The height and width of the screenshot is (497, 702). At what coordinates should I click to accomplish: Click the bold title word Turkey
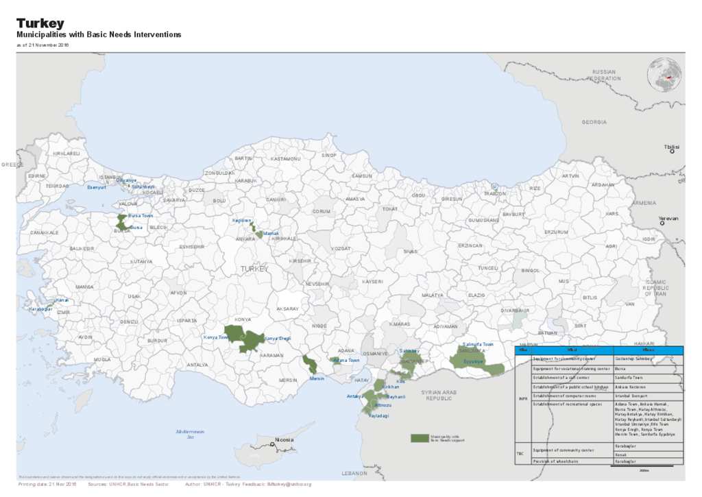(x=40, y=23)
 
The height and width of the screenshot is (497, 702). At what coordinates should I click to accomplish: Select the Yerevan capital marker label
(x=668, y=218)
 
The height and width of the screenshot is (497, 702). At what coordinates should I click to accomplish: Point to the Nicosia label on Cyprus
(x=284, y=439)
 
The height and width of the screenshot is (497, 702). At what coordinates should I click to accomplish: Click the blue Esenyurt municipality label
(x=97, y=186)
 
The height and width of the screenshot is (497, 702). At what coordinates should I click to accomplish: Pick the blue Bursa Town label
(x=141, y=215)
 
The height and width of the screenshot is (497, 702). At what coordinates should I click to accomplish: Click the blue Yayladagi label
(x=379, y=416)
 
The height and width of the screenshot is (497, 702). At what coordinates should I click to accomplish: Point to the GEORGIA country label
(x=594, y=122)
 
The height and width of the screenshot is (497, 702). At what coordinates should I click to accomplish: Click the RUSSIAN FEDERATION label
(x=604, y=75)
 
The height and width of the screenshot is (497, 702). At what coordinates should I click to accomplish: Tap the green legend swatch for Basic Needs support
(x=418, y=438)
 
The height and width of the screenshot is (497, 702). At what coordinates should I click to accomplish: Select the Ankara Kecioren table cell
(x=630, y=387)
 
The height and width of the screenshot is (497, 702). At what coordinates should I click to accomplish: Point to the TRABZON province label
(x=495, y=193)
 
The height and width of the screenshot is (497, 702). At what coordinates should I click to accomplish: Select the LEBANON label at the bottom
(x=355, y=473)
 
